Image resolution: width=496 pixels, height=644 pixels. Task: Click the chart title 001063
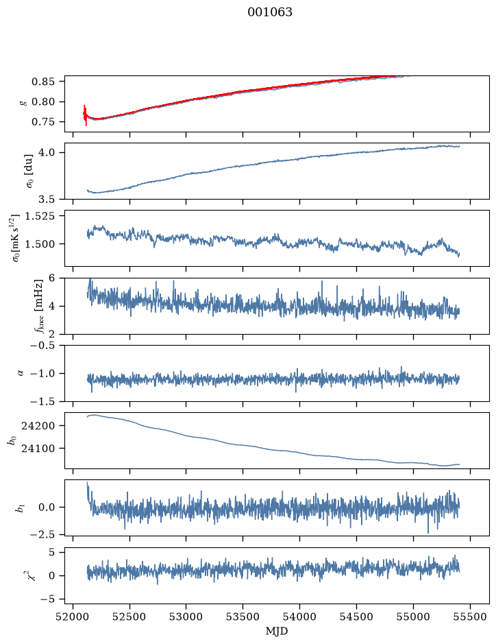pyautogui.click(x=269, y=12)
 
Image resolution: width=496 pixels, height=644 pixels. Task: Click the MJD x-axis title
pyautogui.click(x=277, y=631)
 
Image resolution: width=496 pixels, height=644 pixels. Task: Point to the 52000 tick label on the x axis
pyautogui.click(x=73, y=617)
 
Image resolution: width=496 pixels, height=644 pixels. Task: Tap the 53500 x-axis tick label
pyautogui.click(x=243, y=617)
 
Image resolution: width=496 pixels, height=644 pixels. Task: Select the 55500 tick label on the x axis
pyautogui.click(x=470, y=617)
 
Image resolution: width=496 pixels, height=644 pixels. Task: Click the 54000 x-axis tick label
pyautogui.click(x=299, y=617)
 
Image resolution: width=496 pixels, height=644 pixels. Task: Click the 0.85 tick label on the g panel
pyautogui.click(x=43, y=82)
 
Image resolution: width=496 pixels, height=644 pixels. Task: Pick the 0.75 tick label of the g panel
pyautogui.click(x=43, y=122)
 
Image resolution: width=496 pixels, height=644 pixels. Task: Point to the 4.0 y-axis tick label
pyautogui.click(x=47, y=152)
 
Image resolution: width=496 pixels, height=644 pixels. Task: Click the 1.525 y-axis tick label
pyautogui.click(x=40, y=215)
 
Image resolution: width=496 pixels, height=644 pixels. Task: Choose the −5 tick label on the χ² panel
pyautogui.click(x=47, y=599)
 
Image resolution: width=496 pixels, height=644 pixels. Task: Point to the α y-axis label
pyautogui.click(x=21, y=373)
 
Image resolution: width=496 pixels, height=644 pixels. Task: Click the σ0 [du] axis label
pyautogui.click(x=30, y=171)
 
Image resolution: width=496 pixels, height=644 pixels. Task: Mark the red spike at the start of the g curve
pyautogui.click(x=85, y=115)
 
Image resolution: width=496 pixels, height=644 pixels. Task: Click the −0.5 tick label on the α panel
pyautogui.click(x=42, y=345)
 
